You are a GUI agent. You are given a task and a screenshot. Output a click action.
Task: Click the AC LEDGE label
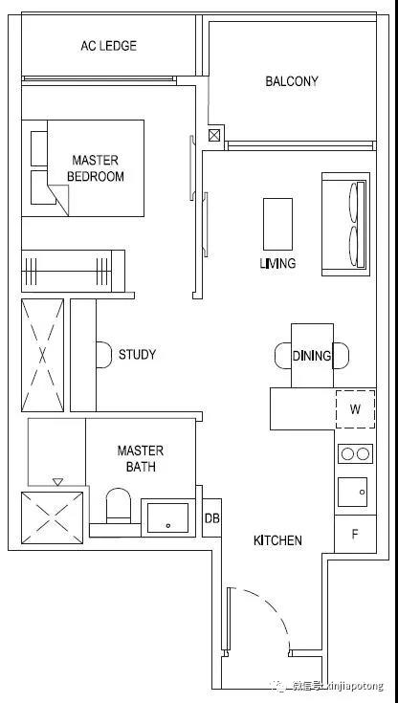click(108, 46)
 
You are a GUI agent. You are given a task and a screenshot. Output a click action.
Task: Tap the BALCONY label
click(292, 81)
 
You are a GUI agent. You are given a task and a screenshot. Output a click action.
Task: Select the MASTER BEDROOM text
click(96, 168)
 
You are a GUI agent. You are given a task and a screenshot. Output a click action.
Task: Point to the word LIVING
click(277, 263)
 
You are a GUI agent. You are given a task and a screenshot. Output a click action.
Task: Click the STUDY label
click(138, 355)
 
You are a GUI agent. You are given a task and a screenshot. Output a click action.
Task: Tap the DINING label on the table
click(312, 356)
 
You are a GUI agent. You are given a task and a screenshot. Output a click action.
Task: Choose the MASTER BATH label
click(141, 459)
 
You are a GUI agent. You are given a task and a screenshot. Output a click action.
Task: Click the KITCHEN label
click(277, 540)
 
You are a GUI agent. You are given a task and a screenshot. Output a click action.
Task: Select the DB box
click(211, 517)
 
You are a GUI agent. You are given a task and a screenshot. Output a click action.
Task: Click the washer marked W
click(355, 409)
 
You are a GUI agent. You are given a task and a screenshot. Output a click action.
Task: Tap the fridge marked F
click(355, 534)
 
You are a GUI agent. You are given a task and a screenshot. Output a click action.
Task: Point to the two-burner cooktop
click(355, 453)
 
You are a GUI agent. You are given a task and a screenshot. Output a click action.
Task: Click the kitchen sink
click(355, 492)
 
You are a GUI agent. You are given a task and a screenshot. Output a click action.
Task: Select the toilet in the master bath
click(118, 506)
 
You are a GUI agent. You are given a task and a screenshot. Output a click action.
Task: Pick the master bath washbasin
click(168, 517)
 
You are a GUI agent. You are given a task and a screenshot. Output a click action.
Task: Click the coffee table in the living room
click(277, 224)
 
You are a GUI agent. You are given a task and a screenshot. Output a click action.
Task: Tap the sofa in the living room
click(345, 224)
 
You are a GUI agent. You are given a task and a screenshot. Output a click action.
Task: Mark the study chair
click(103, 355)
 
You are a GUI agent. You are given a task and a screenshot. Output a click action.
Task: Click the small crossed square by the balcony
click(214, 135)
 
